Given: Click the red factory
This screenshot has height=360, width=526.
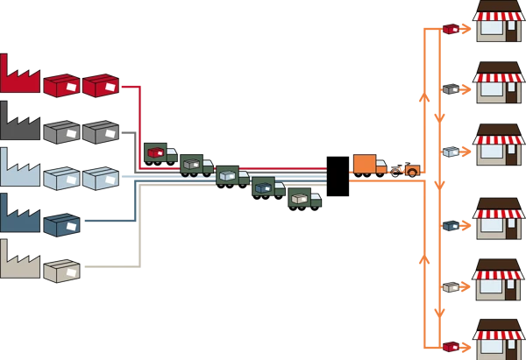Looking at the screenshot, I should coord(19,77).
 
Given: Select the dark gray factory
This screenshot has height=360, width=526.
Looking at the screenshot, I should coord(19,124).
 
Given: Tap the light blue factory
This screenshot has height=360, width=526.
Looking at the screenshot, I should coord(19,170).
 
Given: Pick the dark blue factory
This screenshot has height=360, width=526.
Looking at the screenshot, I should coord(19,216).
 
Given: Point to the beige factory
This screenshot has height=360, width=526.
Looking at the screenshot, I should coord(19,262).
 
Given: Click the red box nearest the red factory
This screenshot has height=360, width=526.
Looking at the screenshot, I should coord(61,85).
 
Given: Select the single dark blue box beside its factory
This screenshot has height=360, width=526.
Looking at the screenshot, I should coord(61,225).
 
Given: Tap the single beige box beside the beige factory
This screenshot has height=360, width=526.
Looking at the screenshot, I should coord(61,271).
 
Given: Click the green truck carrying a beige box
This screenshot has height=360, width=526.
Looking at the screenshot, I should coord(304,198).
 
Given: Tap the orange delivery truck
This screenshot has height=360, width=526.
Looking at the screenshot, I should coord(369,165).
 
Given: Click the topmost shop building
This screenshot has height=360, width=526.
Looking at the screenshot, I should coord(498,22).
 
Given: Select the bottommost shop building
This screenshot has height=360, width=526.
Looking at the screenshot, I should coord(498,339).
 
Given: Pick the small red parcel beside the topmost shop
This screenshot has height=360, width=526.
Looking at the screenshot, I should coord(451,28).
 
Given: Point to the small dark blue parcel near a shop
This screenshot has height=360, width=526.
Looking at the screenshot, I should coord(451,225).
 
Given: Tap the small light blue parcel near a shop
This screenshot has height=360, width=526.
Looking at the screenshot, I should coord(451,151).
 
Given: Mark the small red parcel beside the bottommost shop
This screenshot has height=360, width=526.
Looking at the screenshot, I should coord(451,347).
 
